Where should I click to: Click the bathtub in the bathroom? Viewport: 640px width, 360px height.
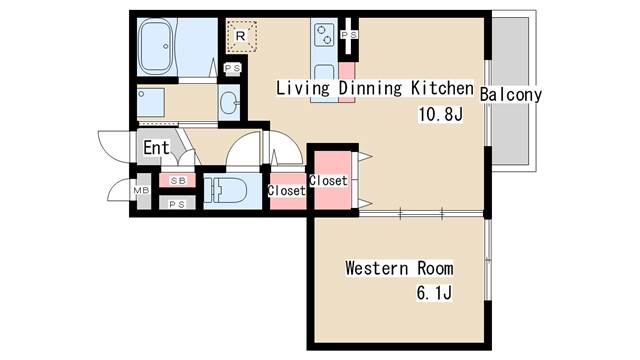point(156,46)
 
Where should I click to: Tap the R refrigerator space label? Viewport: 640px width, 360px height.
point(241,36)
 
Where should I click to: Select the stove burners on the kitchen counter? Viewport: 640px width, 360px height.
point(324,35)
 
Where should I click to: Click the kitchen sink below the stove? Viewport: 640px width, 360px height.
point(324,73)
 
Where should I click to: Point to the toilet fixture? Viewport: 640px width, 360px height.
point(225,191)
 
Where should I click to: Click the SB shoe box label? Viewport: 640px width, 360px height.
point(178,180)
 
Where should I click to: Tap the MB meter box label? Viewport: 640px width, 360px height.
point(141,190)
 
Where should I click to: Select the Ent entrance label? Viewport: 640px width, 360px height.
point(156,147)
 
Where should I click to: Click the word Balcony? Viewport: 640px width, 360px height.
point(511,95)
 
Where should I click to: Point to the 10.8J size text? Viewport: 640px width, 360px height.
point(441,114)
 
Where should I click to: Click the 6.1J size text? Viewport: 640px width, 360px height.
point(434,293)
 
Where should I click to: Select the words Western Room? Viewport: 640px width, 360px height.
point(399,268)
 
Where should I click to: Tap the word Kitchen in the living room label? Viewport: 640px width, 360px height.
point(442,88)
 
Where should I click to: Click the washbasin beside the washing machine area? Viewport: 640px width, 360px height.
point(229,102)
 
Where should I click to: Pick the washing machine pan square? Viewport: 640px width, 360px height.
point(151,102)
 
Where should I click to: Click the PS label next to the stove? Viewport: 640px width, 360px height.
point(349,35)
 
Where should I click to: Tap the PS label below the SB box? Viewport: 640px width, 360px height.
point(177,204)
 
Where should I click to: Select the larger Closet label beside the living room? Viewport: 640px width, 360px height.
point(328,180)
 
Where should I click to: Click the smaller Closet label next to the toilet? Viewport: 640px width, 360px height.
point(287,190)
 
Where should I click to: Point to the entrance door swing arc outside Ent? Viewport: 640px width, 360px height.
point(104,150)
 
